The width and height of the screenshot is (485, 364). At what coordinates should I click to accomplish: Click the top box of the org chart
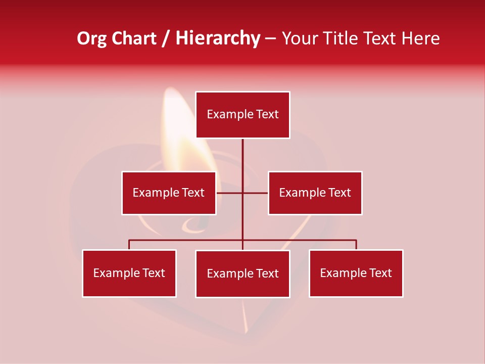pyautogui.click(x=243, y=115)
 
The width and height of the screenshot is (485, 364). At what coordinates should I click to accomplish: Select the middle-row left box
pyautogui.click(x=169, y=193)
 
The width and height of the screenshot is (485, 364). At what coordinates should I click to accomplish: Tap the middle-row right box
pyautogui.click(x=315, y=193)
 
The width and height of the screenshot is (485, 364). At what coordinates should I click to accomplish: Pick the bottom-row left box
pyautogui.click(x=129, y=273)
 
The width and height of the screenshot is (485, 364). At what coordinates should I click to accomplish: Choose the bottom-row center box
pyautogui.click(x=243, y=274)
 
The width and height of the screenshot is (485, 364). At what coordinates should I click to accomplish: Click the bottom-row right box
pyautogui.click(x=356, y=273)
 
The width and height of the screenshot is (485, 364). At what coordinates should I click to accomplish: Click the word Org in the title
pyautogui.click(x=91, y=38)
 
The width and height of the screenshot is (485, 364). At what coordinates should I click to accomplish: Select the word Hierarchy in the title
pyautogui.click(x=218, y=38)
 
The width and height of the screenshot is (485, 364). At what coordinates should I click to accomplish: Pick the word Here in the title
pyautogui.click(x=421, y=38)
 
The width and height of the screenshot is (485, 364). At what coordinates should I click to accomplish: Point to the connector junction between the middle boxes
pyautogui.click(x=243, y=193)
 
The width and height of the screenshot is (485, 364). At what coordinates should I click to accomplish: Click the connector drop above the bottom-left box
pyautogui.click(x=129, y=245)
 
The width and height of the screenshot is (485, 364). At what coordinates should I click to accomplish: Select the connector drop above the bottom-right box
pyautogui.click(x=356, y=245)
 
